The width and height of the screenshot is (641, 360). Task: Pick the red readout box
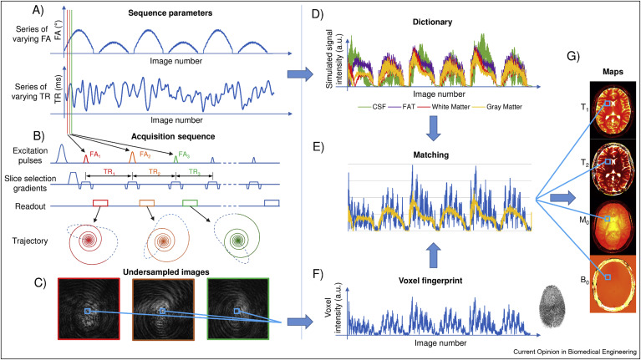point(101,202)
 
